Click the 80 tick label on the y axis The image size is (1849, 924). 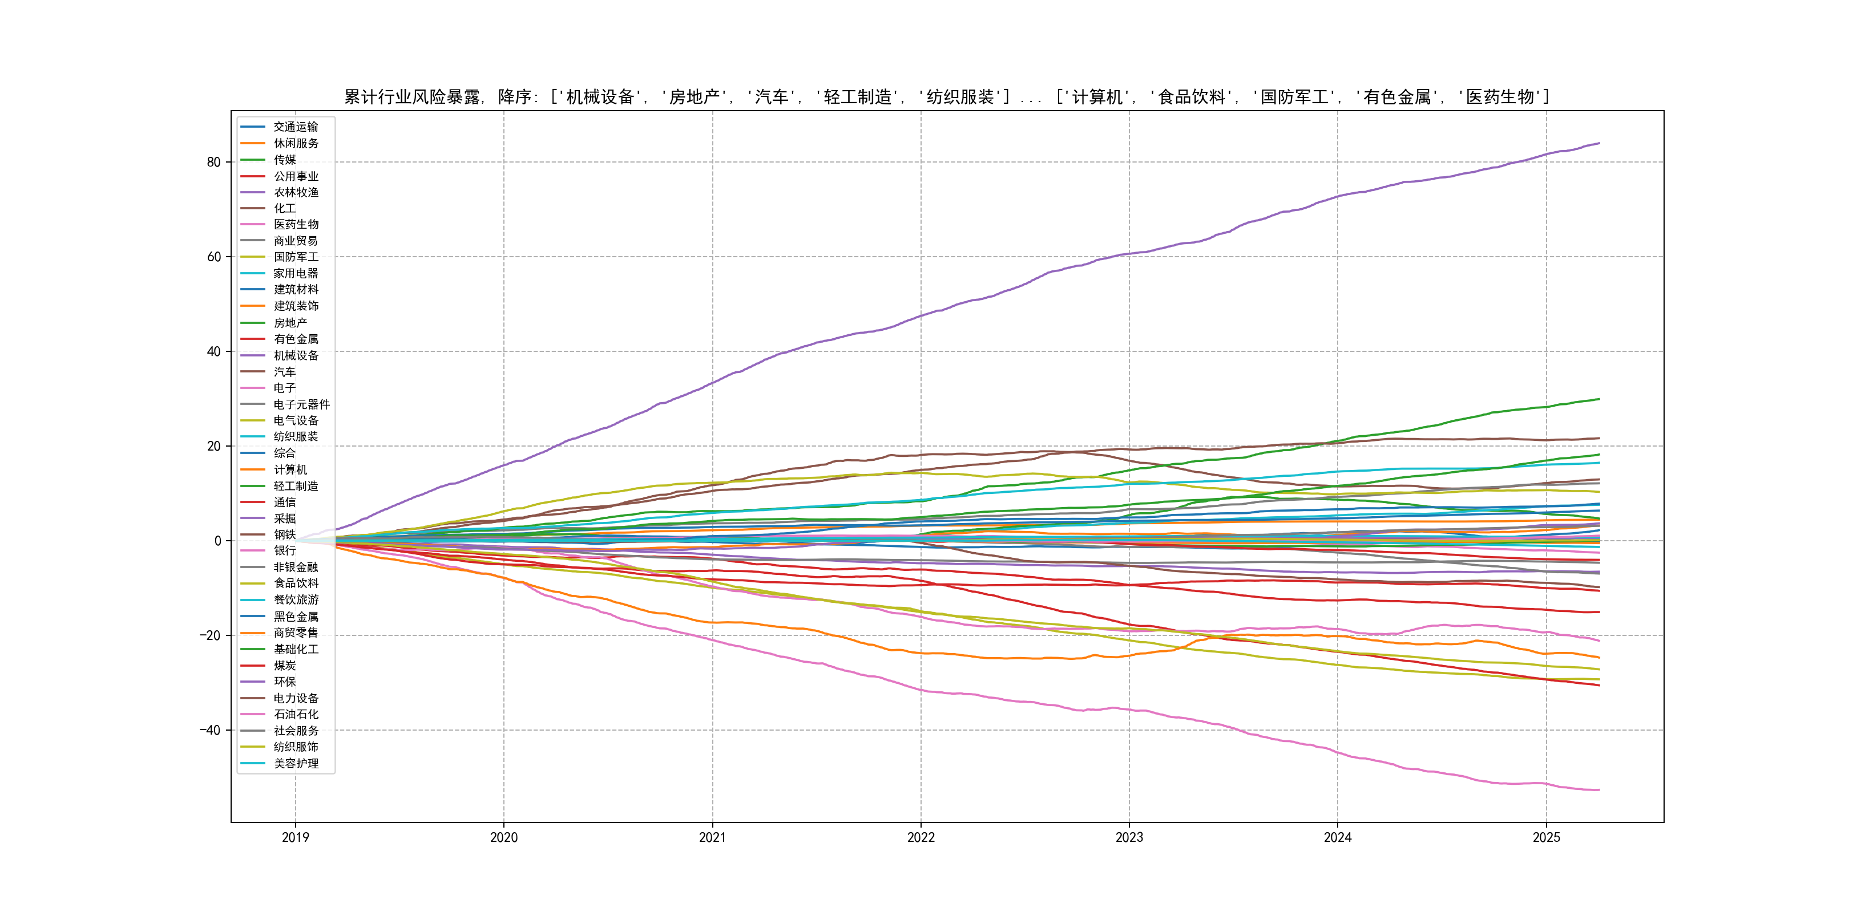pyautogui.click(x=213, y=162)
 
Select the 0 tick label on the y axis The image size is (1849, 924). pyautogui.click(x=217, y=541)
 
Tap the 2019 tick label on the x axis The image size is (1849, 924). pyautogui.click(x=295, y=837)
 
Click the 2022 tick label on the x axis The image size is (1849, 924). pyautogui.click(x=921, y=837)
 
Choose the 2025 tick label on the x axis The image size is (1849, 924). pyautogui.click(x=1546, y=837)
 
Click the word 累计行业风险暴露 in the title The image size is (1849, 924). pyautogui.click(x=412, y=97)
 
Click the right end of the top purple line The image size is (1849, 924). pyautogui.click(x=1599, y=144)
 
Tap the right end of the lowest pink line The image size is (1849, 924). pyautogui.click(x=1599, y=790)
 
